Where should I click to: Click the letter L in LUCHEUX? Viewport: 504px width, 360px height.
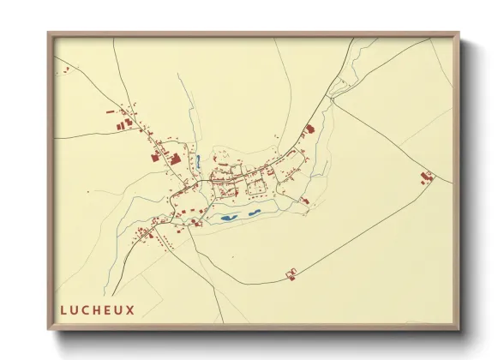pos(63,310)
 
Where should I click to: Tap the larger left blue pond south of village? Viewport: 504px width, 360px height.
pos(227,218)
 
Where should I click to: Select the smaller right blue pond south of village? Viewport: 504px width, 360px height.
pos(254,213)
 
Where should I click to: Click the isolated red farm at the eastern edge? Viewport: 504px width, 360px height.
pos(426,177)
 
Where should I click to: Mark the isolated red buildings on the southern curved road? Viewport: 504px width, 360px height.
pos(291,273)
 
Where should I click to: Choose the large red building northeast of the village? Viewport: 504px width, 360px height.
pos(309,130)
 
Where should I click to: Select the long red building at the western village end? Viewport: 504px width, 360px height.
pos(157,157)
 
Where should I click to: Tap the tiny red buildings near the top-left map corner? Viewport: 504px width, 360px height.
pos(62,69)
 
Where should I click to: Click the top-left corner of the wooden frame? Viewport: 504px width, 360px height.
pos(49,34)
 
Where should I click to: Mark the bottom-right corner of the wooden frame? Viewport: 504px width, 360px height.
pos(458,328)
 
